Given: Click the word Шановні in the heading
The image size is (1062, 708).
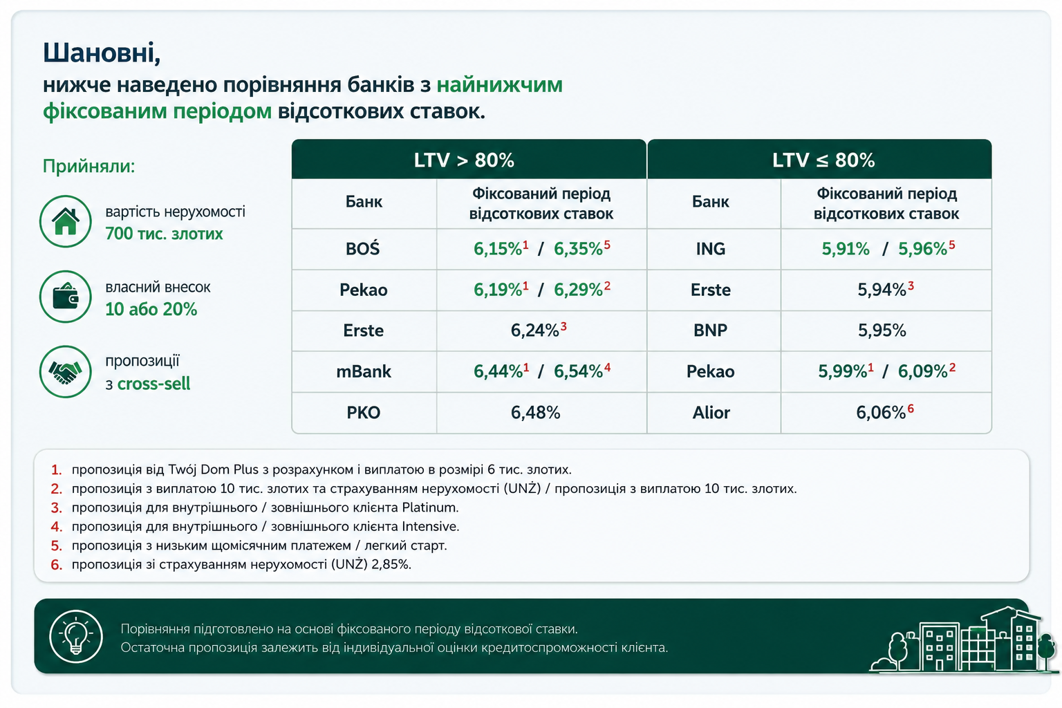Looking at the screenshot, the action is (x=101, y=53).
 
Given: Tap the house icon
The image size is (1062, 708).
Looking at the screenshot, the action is (x=66, y=221).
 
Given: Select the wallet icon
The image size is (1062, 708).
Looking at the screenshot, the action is (x=66, y=297).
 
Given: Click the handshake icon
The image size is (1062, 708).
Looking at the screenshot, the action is (x=66, y=372).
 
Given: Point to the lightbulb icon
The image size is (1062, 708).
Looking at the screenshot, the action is (x=76, y=636).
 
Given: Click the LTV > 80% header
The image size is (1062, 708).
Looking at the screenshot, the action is (x=464, y=160).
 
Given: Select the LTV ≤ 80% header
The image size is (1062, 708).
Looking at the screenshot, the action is (x=823, y=160).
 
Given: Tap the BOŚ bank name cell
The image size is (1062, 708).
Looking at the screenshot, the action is (x=363, y=249).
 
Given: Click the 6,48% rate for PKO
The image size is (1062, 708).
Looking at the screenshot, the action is (x=536, y=413).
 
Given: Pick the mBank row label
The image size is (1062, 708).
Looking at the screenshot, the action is (x=364, y=371).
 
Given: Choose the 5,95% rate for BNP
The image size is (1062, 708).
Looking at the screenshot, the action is (x=882, y=330).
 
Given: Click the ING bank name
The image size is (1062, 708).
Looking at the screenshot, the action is (x=711, y=249).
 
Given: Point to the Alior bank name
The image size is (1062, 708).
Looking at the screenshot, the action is (x=711, y=413).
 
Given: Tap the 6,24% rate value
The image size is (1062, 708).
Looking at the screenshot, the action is (x=534, y=330).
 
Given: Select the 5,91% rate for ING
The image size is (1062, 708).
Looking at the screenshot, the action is (x=846, y=249).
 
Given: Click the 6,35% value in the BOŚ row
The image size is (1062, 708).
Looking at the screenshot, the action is (x=579, y=249).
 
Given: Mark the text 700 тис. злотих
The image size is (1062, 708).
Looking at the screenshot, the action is (x=164, y=234).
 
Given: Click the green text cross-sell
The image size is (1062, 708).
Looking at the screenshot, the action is (x=153, y=384).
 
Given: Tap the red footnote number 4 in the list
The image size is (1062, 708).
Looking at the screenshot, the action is (x=57, y=527).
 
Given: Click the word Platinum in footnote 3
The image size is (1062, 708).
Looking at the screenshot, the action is (x=430, y=508).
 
